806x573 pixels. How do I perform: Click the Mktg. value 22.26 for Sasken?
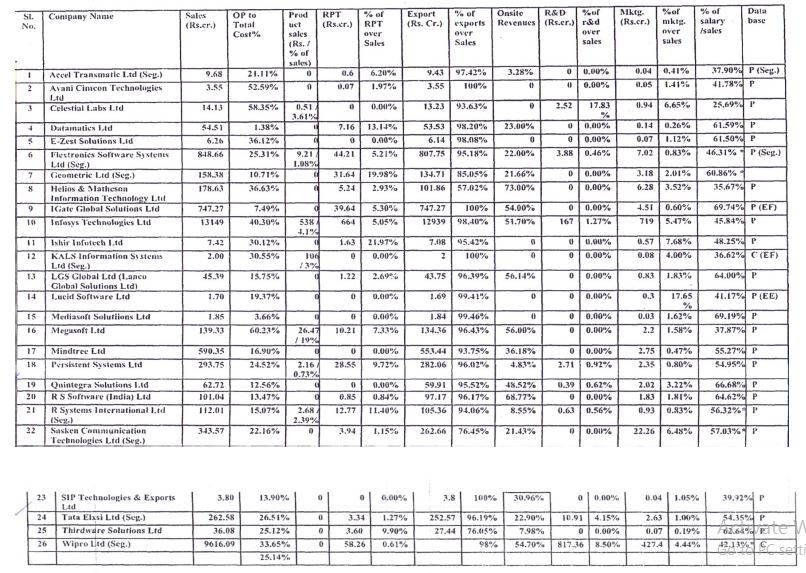640,430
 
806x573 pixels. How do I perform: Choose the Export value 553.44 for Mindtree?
431,351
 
